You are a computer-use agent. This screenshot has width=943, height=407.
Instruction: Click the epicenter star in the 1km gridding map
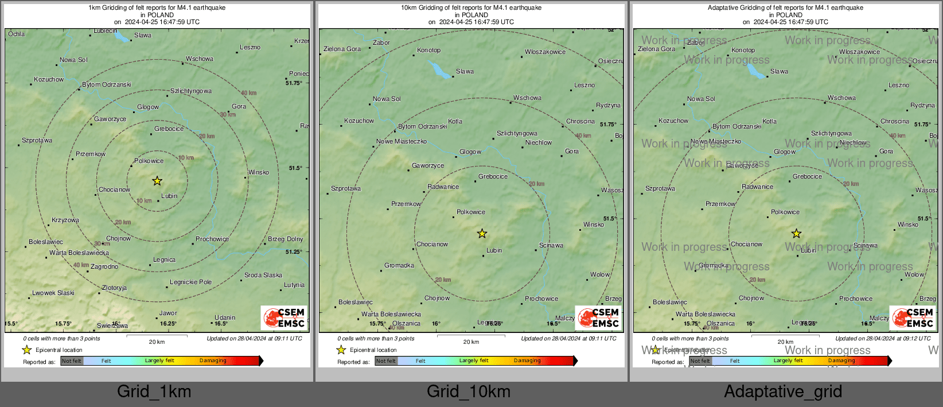click(157, 181)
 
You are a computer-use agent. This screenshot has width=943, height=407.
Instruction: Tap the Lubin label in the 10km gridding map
click(494, 251)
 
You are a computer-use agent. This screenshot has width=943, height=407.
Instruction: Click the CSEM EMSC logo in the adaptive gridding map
click(913, 317)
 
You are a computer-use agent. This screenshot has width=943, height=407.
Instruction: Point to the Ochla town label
click(16, 34)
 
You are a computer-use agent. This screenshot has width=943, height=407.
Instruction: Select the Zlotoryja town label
click(114, 288)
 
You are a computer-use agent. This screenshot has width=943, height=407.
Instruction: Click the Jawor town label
click(168, 313)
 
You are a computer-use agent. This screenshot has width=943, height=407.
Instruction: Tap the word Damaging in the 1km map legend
click(213, 361)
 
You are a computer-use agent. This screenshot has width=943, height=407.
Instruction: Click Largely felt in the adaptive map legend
click(788, 361)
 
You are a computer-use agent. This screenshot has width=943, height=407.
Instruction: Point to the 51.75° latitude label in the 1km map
click(294, 83)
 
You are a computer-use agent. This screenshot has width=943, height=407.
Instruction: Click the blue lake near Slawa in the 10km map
click(440, 71)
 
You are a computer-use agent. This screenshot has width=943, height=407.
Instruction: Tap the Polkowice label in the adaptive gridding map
click(785, 212)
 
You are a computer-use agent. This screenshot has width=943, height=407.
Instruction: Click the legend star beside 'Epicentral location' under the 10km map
click(341, 350)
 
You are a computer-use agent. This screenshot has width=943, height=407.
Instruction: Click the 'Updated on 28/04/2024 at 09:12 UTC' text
click(883, 339)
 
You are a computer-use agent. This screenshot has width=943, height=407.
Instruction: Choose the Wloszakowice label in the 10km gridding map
click(545, 52)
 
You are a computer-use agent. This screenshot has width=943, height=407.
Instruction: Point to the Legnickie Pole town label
click(191, 282)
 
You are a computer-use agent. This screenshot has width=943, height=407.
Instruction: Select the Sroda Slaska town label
click(263, 276)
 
